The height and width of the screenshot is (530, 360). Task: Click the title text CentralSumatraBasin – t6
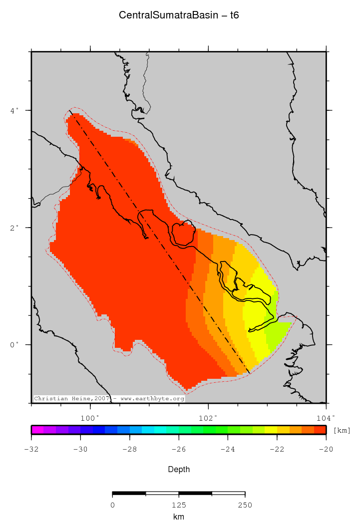179,15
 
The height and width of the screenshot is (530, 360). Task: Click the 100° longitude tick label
90,418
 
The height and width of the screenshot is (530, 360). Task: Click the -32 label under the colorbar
31,449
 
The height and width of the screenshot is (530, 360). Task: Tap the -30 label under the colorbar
80,449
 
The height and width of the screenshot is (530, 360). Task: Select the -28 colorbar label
129,449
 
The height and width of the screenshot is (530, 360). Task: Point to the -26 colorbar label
178,449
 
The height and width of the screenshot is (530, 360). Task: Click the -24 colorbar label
227,449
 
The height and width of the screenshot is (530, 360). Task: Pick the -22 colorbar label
277,449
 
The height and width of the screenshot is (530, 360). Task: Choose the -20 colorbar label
326,449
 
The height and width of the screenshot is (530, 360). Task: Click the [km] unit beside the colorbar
342,430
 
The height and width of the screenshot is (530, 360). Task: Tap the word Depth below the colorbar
179,469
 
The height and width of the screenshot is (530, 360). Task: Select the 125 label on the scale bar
179,505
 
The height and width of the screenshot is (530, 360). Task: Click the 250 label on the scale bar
245,505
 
